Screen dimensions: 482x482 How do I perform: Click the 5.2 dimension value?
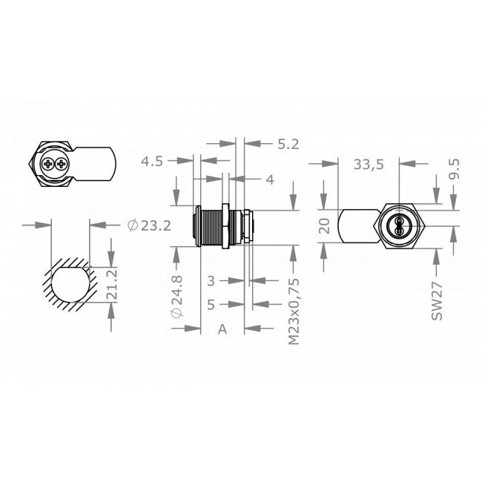287,145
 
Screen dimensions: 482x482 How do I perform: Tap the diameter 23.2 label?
149,225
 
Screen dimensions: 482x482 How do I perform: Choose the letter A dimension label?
222,329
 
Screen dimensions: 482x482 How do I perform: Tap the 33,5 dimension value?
368,165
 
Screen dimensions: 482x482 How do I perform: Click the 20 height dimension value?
323,226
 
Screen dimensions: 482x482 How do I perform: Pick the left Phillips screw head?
48,165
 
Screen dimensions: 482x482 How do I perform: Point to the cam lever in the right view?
357,226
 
